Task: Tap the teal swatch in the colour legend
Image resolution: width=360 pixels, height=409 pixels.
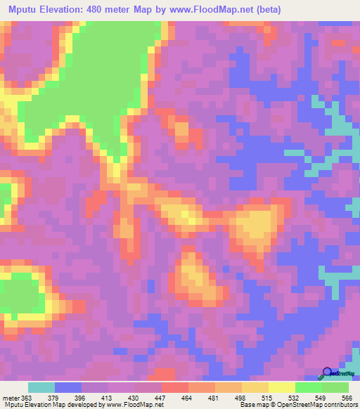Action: pos(41,387)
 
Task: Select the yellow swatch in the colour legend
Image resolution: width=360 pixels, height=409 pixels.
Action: pos(281,387)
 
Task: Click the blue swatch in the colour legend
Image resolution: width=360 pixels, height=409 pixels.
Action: pos(68,387)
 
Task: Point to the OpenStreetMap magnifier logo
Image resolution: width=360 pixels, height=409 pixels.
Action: pos(328,372)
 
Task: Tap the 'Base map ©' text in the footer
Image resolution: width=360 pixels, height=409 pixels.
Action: pos(257,405)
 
